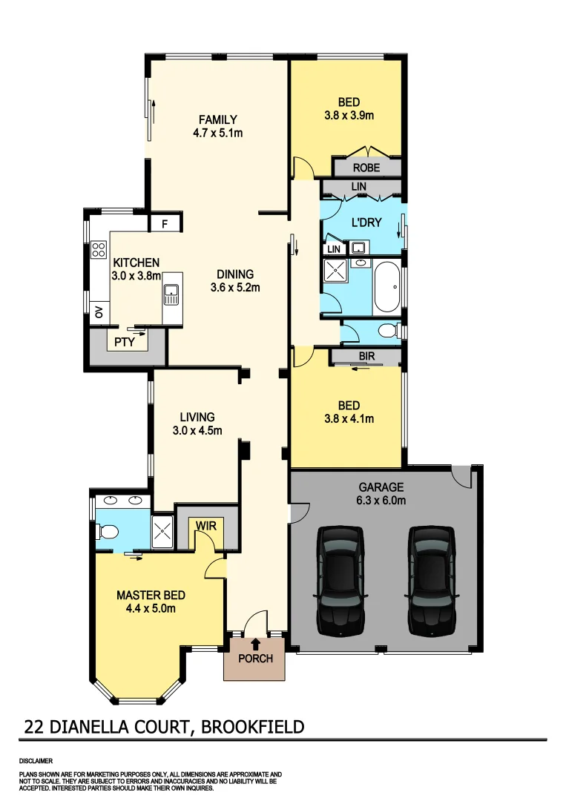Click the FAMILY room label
click(x=217, y=119)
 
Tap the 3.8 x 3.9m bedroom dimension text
click(x=349, y=115)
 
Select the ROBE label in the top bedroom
click(x=366, y=168)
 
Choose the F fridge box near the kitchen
click(x=165, y=222)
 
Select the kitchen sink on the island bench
click(x=171, y=294)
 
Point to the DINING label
click(x=235, y=274)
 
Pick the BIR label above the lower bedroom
click(x=366, y=357)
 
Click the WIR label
click(x=205, y=526)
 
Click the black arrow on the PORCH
click(x=255, y=645)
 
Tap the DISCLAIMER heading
click(x=36, y=761)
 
